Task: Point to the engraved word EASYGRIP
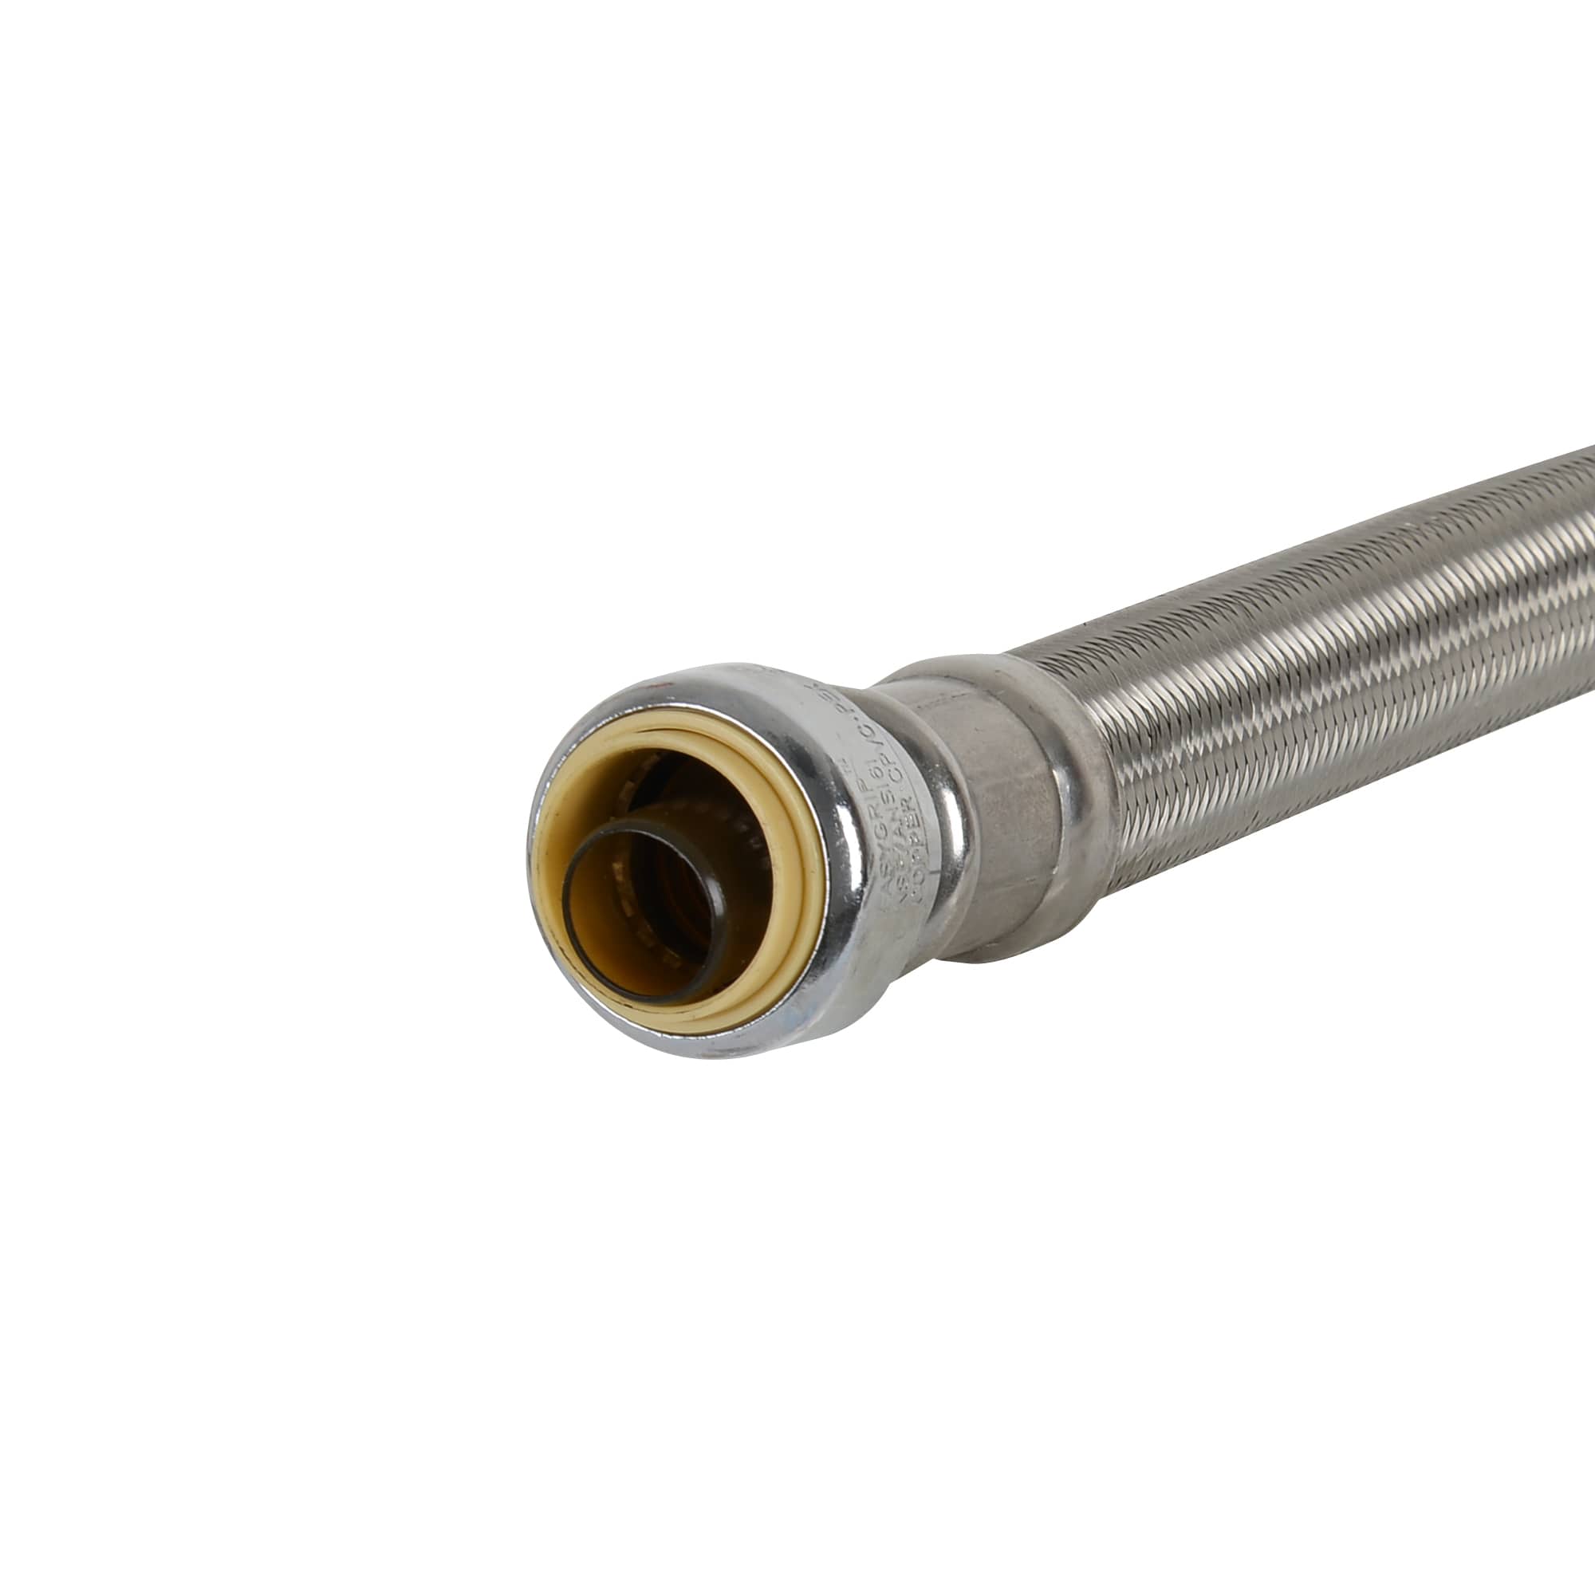click(x=875, y=842)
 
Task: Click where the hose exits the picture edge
click(x=1585, y=529)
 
